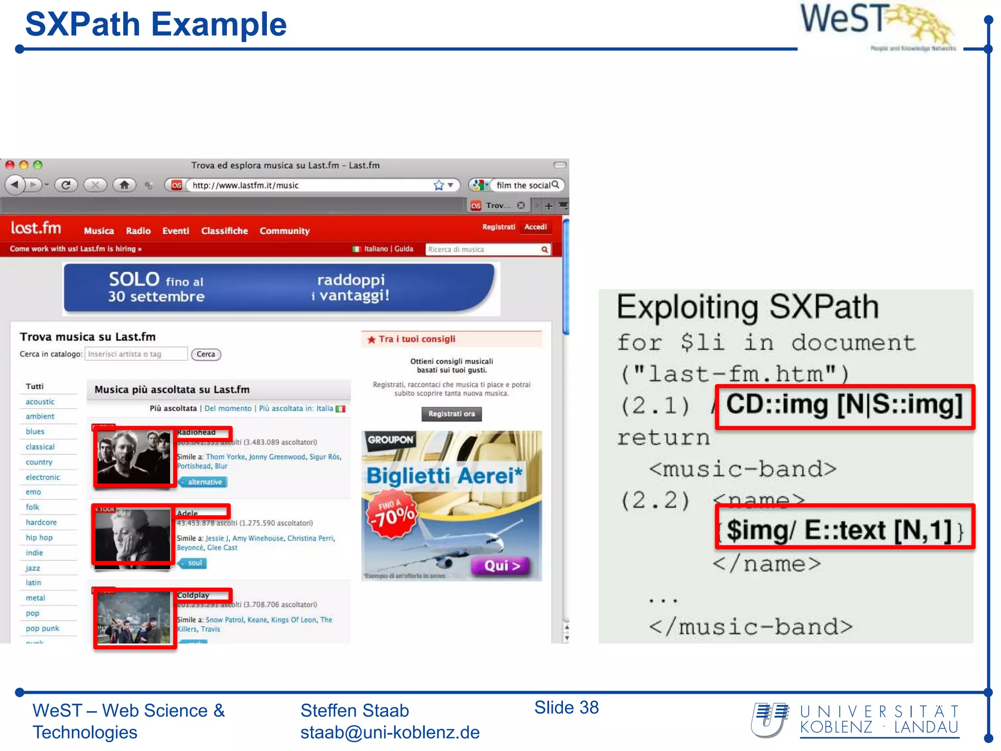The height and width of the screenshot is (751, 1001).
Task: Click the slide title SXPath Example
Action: click(x=155, y=24)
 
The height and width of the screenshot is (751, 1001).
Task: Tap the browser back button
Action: click(x=15, y=185)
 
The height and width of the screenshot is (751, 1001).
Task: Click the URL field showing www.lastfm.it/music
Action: click(x=308, y=185)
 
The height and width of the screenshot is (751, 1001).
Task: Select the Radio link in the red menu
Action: click(x=138, y=231)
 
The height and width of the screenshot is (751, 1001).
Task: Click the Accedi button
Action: click(x=535, y=227)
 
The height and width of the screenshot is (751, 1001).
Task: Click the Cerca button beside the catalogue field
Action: click(x=206, y=354)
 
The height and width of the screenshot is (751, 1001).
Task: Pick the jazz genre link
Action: click(x=33, y=568)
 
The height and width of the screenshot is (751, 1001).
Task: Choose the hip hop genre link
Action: click(x=39, y=537)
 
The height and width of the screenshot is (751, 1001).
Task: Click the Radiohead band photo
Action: click(x=134, y=457)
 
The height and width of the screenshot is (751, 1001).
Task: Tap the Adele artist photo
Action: click(x=133, y=535)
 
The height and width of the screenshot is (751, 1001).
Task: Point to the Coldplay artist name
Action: click(x=194, y=595)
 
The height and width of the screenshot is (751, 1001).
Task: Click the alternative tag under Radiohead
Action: click(x=204, y=482)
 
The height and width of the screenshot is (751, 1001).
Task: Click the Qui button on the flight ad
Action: click(x=501, y=566)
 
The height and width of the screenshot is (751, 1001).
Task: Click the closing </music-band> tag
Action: click(x=751, y=627)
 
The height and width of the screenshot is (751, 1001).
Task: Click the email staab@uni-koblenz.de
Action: click(x=390, y=732)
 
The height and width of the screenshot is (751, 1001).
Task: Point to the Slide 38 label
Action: click(x=566, y=707)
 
